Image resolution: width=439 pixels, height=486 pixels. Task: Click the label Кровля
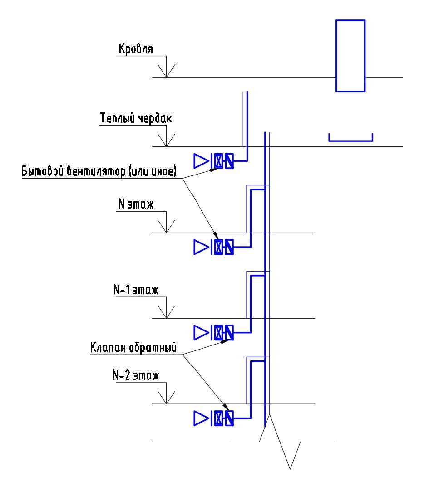click(136, 48)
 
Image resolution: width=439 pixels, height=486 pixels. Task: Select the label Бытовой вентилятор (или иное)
click(99, 172)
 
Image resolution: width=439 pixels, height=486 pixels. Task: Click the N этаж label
click(135, 204)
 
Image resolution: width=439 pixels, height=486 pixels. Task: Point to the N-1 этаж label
click(135, 290)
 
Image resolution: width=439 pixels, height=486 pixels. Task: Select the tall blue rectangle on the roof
click(350, 56)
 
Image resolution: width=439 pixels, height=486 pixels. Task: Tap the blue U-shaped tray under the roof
click(350, 138)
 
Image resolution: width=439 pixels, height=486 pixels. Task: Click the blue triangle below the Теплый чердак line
click(200, 161)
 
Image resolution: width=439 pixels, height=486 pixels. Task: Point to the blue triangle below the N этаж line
click(200, 247)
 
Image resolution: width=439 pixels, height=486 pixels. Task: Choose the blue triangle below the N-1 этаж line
click(200, 333)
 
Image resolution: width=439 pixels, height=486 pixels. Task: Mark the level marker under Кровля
click(167, 71)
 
